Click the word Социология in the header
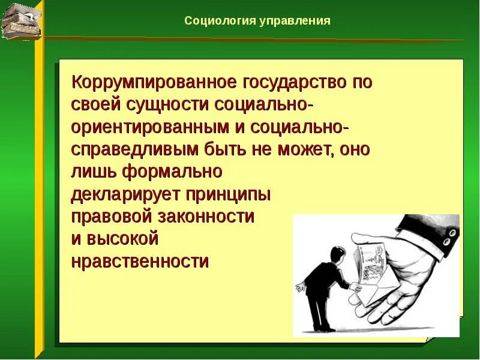(x=220, y=21)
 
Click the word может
(x=304, y=150)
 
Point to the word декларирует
(x=125, y=194)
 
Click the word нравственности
(x=140, y=262)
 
